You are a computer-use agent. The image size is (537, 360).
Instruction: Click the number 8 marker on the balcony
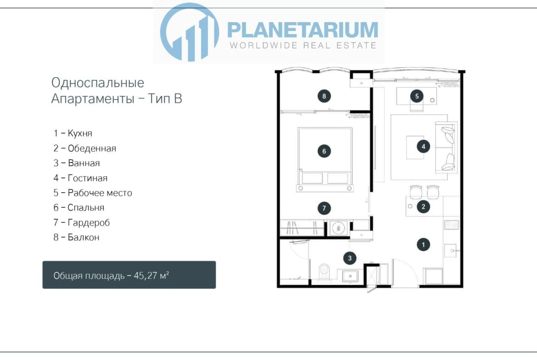tap(324, 96)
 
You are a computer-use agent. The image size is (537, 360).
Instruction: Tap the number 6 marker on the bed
tap(324, 151)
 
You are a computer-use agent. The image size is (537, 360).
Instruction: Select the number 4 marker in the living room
tap(423, 146)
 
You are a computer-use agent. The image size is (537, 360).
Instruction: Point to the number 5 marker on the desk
tap(417, 96)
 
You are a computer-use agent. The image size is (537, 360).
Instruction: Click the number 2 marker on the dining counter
tap(423, 206)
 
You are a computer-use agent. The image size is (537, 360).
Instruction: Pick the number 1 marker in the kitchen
tap(423, 245)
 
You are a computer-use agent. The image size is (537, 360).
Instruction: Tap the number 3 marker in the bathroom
tap(350, 258)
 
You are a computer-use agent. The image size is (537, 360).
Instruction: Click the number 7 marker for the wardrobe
tap(324, 208)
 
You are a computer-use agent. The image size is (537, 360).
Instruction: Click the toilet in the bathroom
tap(324, 271)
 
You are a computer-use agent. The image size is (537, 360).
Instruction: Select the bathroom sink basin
tap(350, 276)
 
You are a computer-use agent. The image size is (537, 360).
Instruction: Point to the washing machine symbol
tap(339, 228)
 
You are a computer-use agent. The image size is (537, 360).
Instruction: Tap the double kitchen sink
tap(451, 225)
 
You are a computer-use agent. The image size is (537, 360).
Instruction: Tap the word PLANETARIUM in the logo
tap(303, 30)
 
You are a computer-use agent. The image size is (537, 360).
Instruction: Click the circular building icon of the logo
tap(190, 32)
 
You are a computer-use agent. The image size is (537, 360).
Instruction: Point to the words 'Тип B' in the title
tap(165, 99)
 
